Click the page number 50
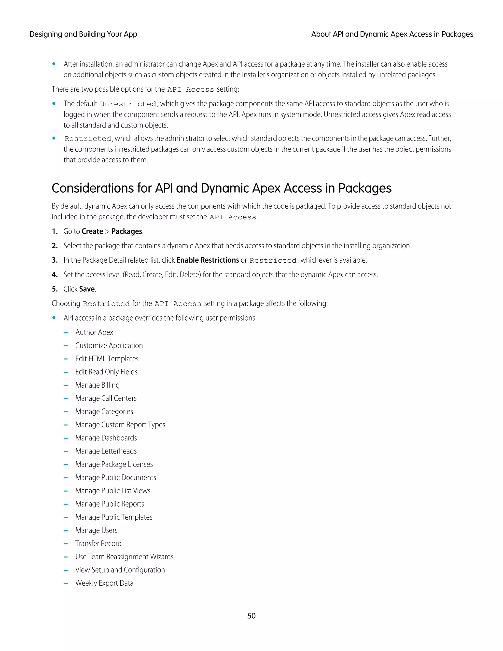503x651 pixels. (x=251, y=616)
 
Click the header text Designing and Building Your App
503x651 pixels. (x=83, y=34)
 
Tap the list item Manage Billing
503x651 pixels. (x=98, y=385)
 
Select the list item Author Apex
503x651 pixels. (x=94, y=332)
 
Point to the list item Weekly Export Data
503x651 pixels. (x=104, y=583)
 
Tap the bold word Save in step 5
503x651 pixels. (x=87, y=289)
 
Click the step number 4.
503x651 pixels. (x=55, y=275)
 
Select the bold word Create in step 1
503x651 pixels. (x=92, y=232)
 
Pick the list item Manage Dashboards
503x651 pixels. (x=106, y=438)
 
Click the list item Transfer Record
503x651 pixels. (x=98, y=543)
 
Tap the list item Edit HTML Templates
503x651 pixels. (x=107, y=359)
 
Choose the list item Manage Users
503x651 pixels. (x=96, y=530)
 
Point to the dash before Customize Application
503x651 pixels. (x=66, y=346)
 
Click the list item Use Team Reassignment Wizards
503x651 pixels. (x=124, y=557)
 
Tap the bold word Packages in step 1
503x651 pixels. (x=127, y=232)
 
